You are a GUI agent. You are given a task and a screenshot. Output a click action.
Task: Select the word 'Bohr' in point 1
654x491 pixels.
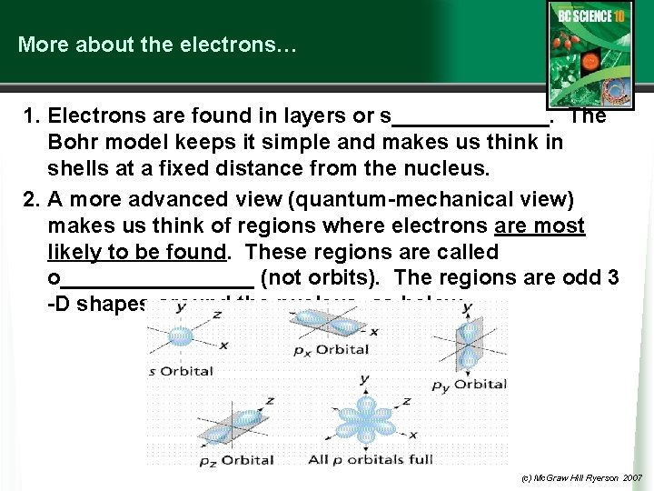point(75,142)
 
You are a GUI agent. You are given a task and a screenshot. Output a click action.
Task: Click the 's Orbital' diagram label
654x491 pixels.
point(181,371)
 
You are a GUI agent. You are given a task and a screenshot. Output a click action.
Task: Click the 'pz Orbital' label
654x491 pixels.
point(235,460)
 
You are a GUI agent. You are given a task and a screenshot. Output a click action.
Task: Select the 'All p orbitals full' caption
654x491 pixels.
point(370,459)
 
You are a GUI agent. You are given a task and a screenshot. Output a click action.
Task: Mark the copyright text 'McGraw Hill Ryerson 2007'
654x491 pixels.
point(582,477)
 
